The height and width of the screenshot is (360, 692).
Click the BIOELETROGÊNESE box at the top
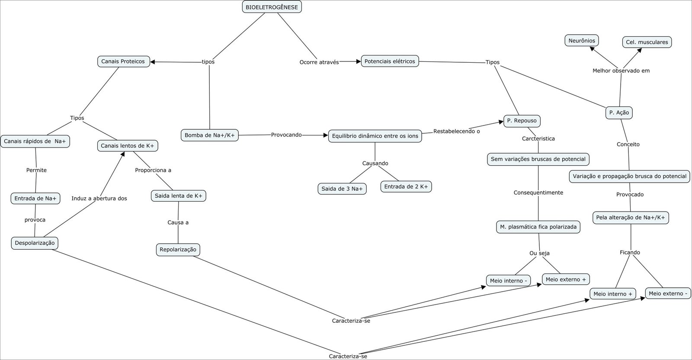[272, 7]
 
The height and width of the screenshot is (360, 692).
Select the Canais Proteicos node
[123, 61]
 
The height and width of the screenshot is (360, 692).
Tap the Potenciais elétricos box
[390, 61]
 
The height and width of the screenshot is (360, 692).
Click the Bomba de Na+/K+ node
[209, 135]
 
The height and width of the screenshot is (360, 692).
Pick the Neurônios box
[582, 41]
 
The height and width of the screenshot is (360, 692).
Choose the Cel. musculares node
[647, 42]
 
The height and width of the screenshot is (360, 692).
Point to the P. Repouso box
[522, 121]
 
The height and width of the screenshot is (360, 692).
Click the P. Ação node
[619, 112]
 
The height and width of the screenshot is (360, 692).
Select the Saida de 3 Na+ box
[342, 189]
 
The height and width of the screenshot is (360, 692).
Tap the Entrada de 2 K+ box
[406, 186]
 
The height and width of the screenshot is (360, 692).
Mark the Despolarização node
[35, 243]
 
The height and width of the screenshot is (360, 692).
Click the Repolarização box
[178, 250]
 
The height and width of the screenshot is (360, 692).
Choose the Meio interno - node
[508, 281]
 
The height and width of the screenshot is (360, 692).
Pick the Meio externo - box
[668, 293]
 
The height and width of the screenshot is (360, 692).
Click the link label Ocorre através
[319, 62]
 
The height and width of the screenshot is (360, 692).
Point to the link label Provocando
[286, 135]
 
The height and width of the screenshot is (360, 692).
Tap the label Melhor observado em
[621, 71]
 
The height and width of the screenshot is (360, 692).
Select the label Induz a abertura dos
[99, 198]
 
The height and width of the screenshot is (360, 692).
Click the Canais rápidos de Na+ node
[35, 141]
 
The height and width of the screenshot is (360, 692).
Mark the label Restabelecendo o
[456, 131]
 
